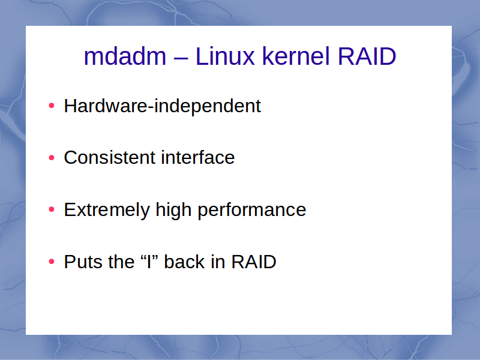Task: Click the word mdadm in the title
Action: (x=125, y=56)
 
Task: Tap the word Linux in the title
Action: (x=224, y=56)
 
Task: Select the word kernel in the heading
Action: (x=296, y=56)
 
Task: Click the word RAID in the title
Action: (x=367, y=56)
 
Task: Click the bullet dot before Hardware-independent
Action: (x=52, y=106)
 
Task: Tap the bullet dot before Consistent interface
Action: (x=52, y=158)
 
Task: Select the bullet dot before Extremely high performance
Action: (x=52, y=209)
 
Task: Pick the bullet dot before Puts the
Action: (x=52, y=262)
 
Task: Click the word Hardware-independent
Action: (x=162, y=107)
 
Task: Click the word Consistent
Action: (x=110, y=158)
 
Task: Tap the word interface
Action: (x=198, y=157)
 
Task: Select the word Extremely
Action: (x=107, y=211)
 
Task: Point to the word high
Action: (x=173, y=211)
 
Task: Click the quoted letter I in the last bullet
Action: (x=149, y=262)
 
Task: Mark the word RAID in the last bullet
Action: (x=253, y=262)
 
